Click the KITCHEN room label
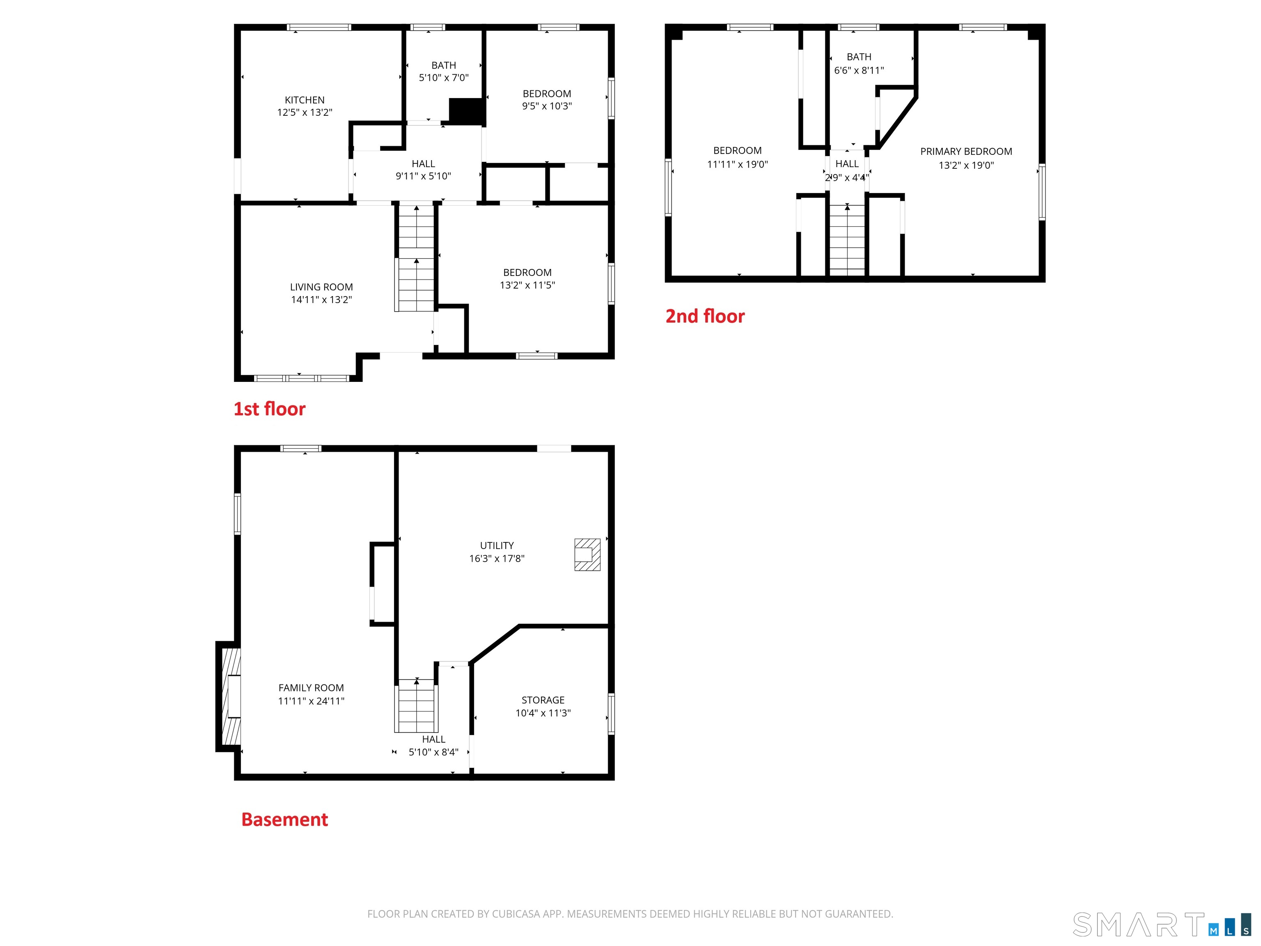[x=305, y=100]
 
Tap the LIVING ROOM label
[x=321, y=287]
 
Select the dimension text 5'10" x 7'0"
[x=443, y=78]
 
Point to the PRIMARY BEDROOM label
[x=966, y=151]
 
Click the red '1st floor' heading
[x=269, y=409]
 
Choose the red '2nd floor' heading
[x=705, y=316]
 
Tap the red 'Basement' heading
[x=284, y=820]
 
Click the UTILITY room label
[x=497, y=546]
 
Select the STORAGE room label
[x=543, y=700]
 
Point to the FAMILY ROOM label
[x=311, y=688]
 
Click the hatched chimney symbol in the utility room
[x=587, y=554]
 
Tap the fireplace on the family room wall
[x=228, y=696]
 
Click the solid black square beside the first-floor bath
[x=466, y=110]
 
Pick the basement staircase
[x=416, y=705]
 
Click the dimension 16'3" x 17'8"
[x=497, y=559]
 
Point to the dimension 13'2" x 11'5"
[x=527, y=285]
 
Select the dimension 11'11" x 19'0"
[x=737, y=164]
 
